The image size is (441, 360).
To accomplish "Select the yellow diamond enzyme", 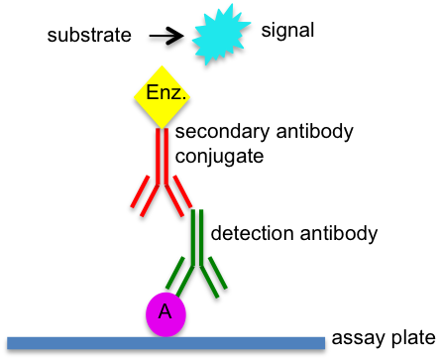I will pos(163,96).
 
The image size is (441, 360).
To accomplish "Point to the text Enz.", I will pos(165,93).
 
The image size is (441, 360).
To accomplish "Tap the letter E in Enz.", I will pos(152,93).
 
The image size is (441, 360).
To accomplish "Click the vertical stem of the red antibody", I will pos(162,154).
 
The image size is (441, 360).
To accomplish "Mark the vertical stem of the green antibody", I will pos(197,235).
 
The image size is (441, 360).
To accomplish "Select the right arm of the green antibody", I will pos(214,277).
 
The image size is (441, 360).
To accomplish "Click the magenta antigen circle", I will pos(165,314).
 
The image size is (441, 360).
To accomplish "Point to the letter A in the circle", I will pos(165,312).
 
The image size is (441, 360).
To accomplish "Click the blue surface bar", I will pos(165,343).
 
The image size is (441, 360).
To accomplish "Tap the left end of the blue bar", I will pos(10,343).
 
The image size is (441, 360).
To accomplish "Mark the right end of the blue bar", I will pos(322,343).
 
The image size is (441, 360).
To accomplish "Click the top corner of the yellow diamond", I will pos(163,66).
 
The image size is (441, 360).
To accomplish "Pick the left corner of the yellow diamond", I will pos(135,96).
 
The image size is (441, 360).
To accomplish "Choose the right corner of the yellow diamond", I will pos(190,96).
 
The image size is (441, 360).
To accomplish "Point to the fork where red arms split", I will pos(162,180).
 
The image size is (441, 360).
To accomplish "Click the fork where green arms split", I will pos(197,263).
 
